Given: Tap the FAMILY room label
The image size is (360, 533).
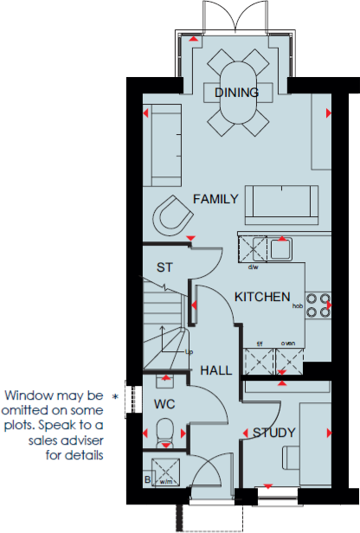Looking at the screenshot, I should [215, 199].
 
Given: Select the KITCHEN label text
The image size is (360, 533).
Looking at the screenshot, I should [262, 297].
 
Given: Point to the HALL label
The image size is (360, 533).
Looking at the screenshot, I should [215, 370].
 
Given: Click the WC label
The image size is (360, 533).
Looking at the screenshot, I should [165, 404].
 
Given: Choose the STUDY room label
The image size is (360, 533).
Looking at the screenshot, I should [273, 433].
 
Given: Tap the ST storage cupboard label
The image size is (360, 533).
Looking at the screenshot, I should [164, 267].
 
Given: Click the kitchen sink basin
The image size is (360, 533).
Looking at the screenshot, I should [280, 249].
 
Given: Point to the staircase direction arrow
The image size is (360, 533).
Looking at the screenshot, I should [159, 332].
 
